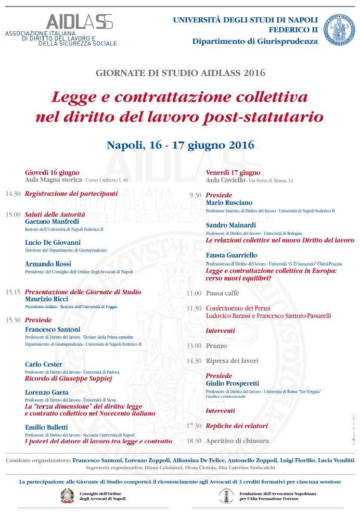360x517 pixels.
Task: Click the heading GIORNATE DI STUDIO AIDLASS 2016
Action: point(180,72)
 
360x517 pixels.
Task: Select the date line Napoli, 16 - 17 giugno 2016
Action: point(180,145)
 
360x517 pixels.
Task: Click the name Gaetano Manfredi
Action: point(53,222)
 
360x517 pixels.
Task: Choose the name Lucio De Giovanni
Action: point(53,243)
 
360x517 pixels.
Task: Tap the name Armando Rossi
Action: point(48,264)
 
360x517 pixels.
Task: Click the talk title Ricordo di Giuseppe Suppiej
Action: point(69,379)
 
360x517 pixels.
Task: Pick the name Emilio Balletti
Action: point(47,427)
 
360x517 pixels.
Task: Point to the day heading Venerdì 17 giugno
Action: point(233,172)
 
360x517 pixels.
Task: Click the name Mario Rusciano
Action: point(229,203)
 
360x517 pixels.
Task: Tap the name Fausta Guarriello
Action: point(232,256)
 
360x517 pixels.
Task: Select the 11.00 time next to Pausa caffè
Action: point(194,294)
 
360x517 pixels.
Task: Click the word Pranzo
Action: point(216,346)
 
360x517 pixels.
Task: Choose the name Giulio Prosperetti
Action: point(232,383)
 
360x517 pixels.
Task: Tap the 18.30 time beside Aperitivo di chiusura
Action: point(194,441)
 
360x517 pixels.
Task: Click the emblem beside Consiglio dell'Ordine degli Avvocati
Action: point(68,496)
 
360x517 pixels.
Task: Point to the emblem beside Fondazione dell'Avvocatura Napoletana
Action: point(226,496)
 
